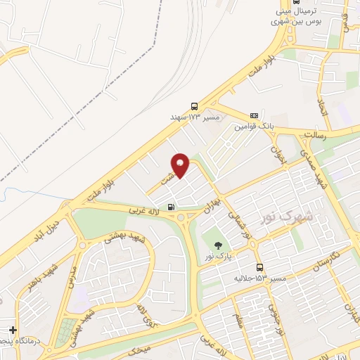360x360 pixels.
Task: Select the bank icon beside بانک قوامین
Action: tap(254, 115)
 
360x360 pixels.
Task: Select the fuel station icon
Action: tap(171, 208)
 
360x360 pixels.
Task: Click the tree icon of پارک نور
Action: tap(218, 245)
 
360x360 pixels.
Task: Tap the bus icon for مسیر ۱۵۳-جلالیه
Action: tap(259, 267)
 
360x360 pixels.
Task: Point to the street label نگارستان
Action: tap(328, 262)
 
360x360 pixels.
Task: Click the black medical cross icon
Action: tap(12, 330)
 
